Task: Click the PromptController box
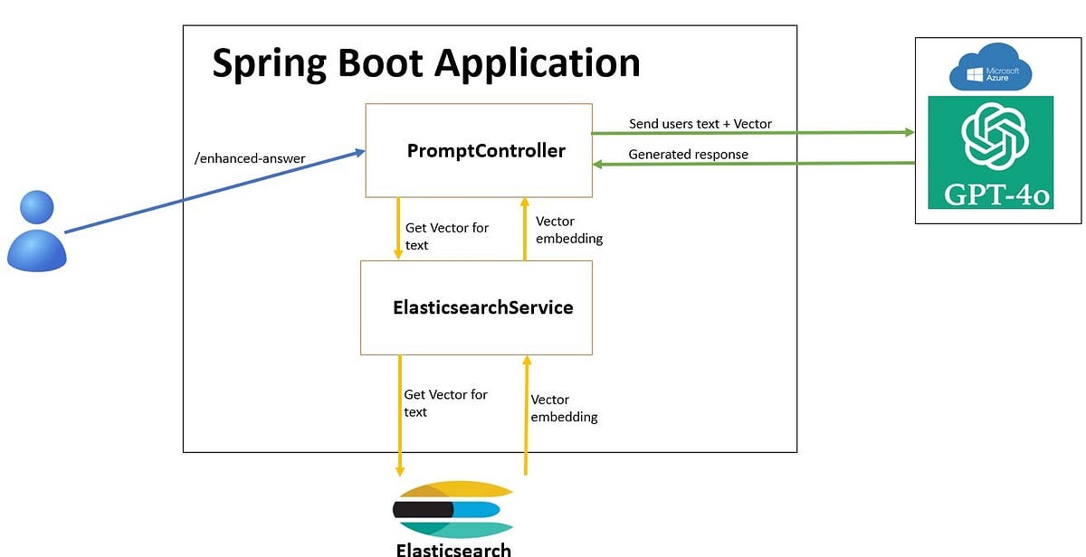click(x=478, y=150)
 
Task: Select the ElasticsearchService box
click(x=476, y=307)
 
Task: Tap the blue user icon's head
click(x=36, y=208)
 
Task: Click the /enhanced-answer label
click(x=250, y=159)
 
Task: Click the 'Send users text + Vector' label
click(x=700, y=124)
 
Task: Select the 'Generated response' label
click(x=688, y=155)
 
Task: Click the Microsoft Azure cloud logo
click(x=990, y=69)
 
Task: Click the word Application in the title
click(x=537, y=63)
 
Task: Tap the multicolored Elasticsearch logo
click(x=452, y=509)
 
